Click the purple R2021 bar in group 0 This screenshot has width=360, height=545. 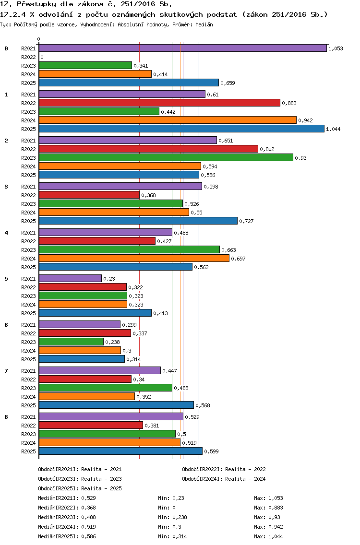tap(183, 48)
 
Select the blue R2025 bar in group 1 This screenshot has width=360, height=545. tap(181, 129)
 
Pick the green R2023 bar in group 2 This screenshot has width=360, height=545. tap(166, 158)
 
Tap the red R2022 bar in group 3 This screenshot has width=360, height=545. tap(89, 195)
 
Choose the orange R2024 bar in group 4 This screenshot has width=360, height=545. tap(134, 258)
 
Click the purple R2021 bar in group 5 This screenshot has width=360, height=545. tap(70, 278)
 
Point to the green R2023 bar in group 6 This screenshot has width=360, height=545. tap(72, 342)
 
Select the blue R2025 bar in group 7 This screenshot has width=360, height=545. tap(117, 405)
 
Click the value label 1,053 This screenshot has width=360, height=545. tap(336, 48)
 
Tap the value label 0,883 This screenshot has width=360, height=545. tap(289, 103)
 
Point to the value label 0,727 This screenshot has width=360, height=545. tap(246, 221)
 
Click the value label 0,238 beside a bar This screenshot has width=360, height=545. tap(112, 342)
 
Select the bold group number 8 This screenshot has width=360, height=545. tap(6, 417)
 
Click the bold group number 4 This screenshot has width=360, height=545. tap(6, 233)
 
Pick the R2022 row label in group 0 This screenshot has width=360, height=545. tap(28, 57)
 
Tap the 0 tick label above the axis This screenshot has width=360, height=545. tap(38, 39)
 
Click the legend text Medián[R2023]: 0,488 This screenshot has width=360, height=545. tap(67, 517)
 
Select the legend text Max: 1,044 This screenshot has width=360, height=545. tap(268, 536)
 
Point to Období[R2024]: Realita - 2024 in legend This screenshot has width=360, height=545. tap(224, 479)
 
